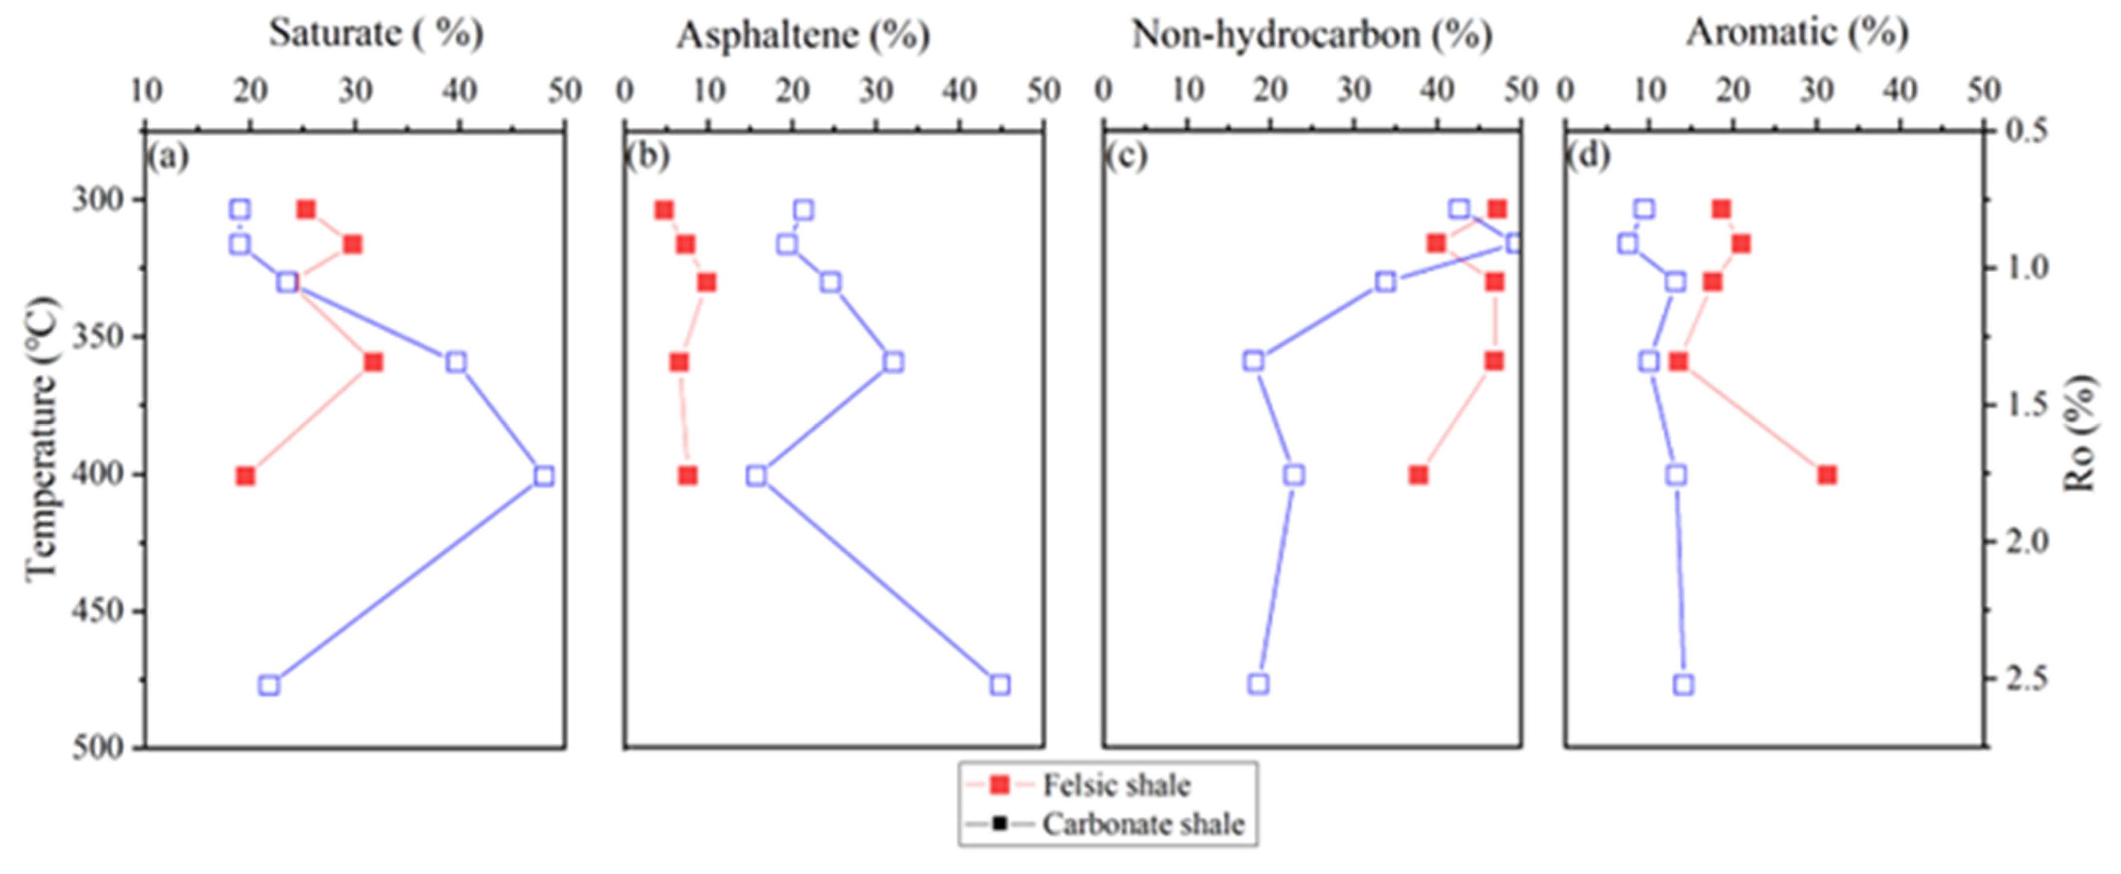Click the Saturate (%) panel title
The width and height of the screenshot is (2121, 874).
(375, 34)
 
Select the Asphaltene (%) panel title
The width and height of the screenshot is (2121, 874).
(803, 35)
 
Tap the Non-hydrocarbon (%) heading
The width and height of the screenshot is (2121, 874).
(1312, 35)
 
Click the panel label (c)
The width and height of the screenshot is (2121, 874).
(1126, 156)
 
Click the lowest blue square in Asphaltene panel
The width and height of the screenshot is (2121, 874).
(999, 685)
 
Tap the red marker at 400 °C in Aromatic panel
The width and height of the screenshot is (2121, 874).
(1827, 475)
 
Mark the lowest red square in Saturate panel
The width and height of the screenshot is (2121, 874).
(246, 476)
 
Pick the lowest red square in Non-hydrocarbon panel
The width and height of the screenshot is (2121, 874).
(1418, 475)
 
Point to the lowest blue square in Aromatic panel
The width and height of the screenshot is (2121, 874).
(1684, 685)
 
